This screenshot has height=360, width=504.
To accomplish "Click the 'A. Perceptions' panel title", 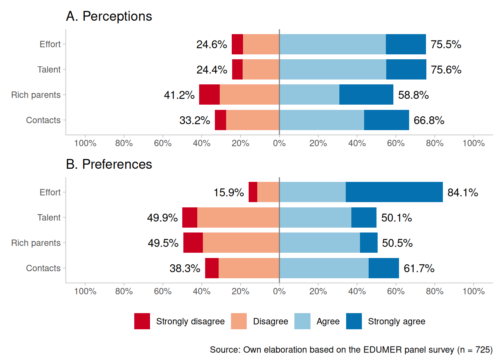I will (x=109, y=16).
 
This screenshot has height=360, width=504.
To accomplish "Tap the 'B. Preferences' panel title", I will (x=109, y=164).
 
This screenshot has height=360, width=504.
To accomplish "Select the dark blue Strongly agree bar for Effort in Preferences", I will (x=394, y=192).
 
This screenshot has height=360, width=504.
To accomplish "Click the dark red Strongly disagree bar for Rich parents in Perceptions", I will (x=209, y=94).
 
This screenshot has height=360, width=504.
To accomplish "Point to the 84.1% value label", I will (x=462, y=193).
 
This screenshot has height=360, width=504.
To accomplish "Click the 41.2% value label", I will (x=179, y=95).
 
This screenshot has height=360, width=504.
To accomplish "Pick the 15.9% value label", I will (x=229, y=193).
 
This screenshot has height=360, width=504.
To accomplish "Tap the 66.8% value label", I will (x=429, y=120).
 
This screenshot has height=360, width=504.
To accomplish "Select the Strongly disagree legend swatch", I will (x=142, y=321).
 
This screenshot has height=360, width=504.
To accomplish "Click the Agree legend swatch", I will (x=302, y=321).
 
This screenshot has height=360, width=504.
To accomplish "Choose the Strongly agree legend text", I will (x=396, y=321).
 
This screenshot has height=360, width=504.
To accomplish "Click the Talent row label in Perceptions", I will (x=49, y=70).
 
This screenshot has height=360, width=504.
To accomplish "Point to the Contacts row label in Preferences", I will (x=43, y=268).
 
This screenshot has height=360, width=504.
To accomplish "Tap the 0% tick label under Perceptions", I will (x=279, y=143).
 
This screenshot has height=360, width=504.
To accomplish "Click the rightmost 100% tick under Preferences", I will (x=473, y=291).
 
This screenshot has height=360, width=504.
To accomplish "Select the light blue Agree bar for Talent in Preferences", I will (x=315, y=217).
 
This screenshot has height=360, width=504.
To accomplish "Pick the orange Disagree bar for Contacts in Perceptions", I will (x=252, y=120).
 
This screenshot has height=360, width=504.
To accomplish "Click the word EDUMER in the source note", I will (x=380, y=350).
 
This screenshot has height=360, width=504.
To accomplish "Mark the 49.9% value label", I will (x=162, y=218).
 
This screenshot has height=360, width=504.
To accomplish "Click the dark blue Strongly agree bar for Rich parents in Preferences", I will (x=369, y=243).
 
